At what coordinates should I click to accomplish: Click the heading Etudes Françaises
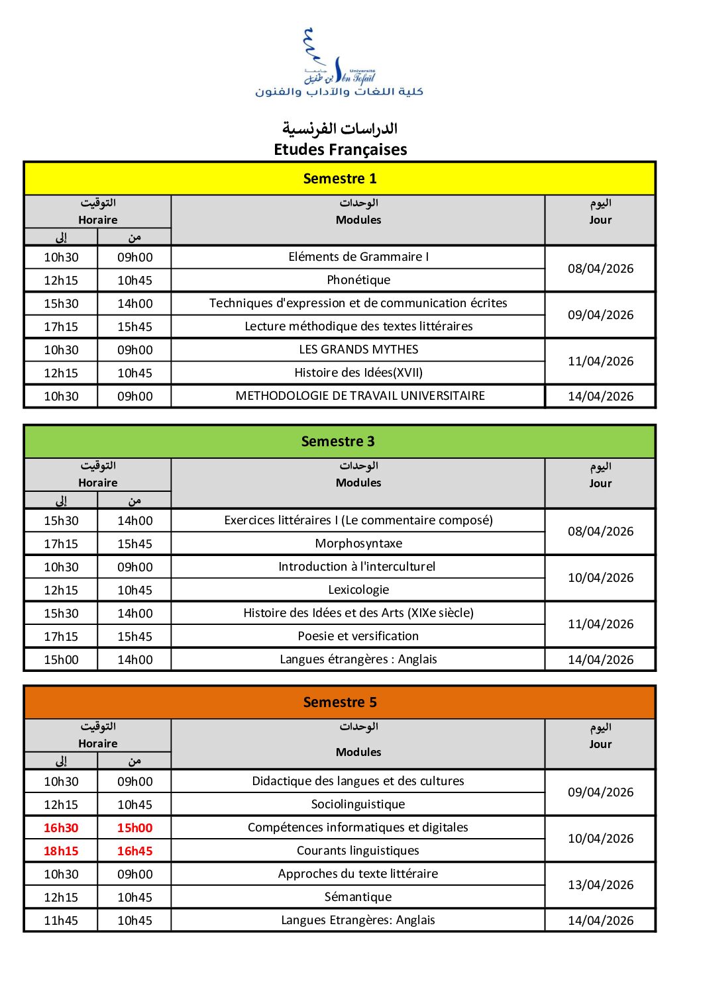coord(341,150)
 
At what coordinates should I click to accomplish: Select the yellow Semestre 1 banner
coord(340,179)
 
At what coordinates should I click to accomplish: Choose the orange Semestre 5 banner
coord(340,702)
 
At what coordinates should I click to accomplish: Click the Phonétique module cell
coord(358,280)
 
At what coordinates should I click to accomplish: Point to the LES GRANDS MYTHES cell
coord(358,350)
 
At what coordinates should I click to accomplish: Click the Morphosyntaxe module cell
coord(358,543)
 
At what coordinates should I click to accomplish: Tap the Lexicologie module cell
coord(358,590)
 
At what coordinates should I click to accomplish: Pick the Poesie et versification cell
coord(358,636)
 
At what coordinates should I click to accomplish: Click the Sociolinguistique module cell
coord(358,804)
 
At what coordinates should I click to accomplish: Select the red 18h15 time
coord(61,851)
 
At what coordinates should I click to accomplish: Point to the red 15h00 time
coord(135,827)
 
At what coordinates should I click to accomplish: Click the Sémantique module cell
coord(358,897)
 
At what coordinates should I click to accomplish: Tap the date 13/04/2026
coord(600,885)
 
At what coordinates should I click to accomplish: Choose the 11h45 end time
coord(61,920)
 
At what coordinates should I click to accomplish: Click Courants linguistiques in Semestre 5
coord(358,851)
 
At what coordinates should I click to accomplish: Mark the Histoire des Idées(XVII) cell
coord(358,373)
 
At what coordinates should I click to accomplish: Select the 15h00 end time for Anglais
coord(61,660)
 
